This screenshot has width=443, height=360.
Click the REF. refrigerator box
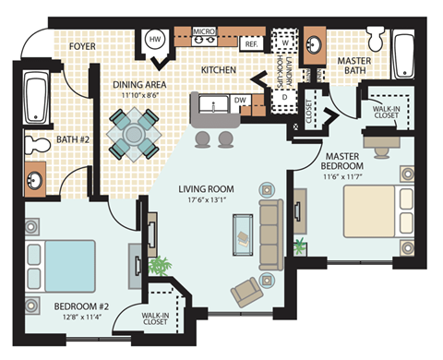[x=250, y=43]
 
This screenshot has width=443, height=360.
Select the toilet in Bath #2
[x=35, y=145]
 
